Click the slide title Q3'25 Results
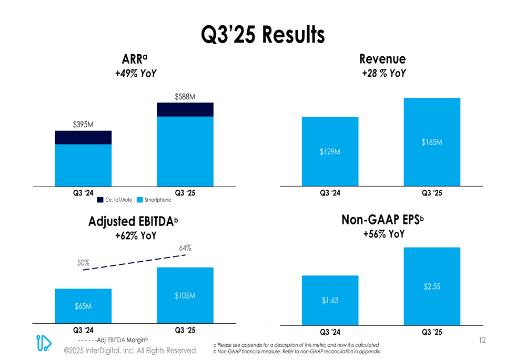coord(262,35)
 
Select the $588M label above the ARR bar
coord(185,97)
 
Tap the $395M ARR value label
coord(83,125)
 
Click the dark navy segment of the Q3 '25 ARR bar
coord(185,109)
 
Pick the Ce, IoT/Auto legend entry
coord(115,200)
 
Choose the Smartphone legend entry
coord(154,200)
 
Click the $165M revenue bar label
coord(432,142)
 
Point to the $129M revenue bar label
coord(330,152)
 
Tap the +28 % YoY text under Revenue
coord(383,74)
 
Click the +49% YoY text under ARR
coord(136,74)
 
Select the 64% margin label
coord(185,248)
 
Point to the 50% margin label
coord(83,262)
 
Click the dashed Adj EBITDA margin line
coord(134,262)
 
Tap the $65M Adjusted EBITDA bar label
coord(83,306)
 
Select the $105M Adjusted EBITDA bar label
coord(185,296)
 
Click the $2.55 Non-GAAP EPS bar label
coord(432,286)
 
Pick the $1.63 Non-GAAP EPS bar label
coord(330,301)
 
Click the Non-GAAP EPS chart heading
coord(382,220)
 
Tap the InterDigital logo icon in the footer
coord(44,343)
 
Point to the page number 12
coord(482,341)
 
